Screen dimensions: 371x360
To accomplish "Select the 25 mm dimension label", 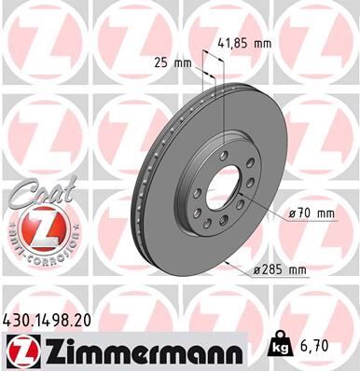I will [171, 63].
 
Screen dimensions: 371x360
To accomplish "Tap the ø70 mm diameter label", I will [311, 213].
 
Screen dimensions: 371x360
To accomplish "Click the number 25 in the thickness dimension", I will [160, 63].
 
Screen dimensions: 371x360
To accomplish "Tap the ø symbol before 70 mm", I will [293, 213].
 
